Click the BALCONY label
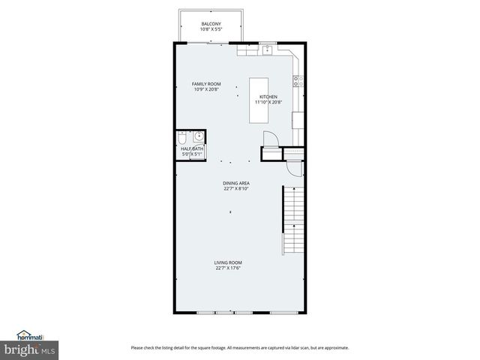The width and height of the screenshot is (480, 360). coord(211,25)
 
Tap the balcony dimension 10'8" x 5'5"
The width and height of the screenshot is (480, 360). coord(211,30)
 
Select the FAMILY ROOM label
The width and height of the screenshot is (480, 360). coord(206,84)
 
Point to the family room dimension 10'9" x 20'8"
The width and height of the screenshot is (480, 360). coord(206,90)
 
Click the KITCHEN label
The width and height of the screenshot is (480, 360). coord(268,97)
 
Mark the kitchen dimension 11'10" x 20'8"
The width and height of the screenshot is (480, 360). coord(268,103)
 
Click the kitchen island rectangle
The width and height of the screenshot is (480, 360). coord(259,100)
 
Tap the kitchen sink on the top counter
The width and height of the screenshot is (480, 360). coord(268,50)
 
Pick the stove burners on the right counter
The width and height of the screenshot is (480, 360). coord(298,79)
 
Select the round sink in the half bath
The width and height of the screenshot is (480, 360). coord(199,136)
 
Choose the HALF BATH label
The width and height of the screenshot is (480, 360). coord(192,149)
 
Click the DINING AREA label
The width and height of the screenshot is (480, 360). coord(236,183)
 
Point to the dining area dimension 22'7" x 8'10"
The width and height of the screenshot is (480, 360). coord(236,189)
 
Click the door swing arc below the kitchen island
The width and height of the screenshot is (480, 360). coord(271,139)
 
